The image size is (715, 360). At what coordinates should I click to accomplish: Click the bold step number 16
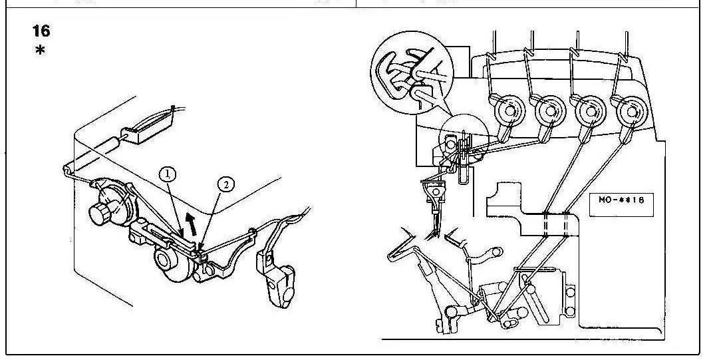(41, 31)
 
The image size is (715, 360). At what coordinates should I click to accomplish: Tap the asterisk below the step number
(41, 51)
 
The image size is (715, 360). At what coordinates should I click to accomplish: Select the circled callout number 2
(225, 185)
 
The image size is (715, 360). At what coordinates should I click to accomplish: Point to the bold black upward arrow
(192, 224)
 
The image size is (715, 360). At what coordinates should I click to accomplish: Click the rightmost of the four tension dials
(629, 110)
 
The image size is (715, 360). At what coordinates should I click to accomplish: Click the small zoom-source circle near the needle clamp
(464, 138)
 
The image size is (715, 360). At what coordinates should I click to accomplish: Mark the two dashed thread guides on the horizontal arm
(555, 225)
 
